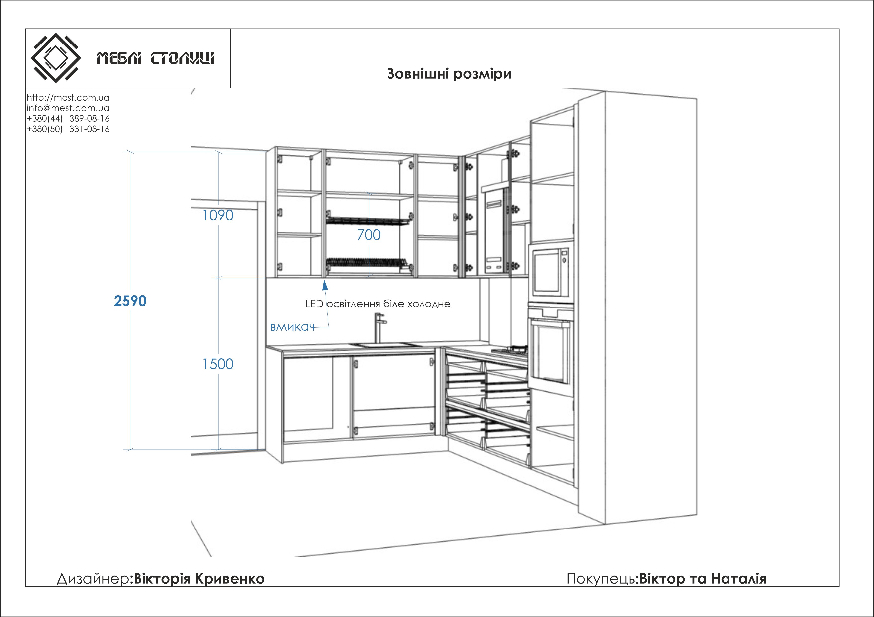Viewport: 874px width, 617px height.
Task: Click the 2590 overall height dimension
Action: click(x=130, y=301)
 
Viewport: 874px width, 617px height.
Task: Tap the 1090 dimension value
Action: click(x=218, y=215)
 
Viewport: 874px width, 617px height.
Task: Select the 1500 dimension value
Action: click(x=218, y=364)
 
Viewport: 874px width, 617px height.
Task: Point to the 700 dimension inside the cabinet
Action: click(x=369, y=235)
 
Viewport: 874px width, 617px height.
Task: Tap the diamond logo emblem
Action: click(x=55, y=58)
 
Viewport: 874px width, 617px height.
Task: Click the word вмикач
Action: click(x=292, y=327)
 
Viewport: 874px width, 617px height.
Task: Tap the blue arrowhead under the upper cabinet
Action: click(x=325, y=285)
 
